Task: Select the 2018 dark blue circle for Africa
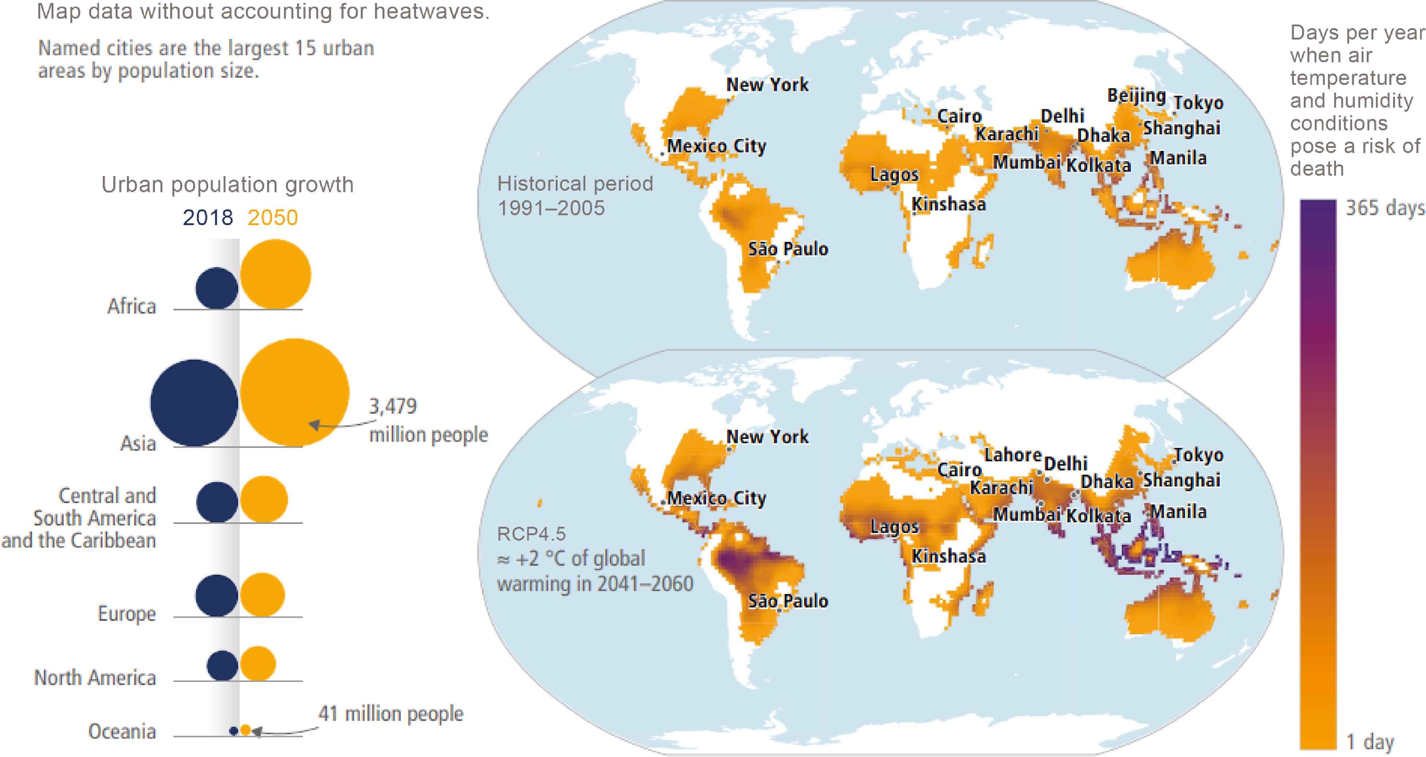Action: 217,288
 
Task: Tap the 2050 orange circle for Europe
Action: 262,595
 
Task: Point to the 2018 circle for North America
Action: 222,665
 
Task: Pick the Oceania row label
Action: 122,731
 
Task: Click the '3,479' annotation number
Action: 393,406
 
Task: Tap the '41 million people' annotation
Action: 390,714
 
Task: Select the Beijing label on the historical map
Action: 1136,96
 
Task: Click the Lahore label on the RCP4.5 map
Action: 1013,455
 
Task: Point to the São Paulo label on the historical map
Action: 788,249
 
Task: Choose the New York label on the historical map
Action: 767,85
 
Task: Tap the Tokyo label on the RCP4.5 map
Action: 1198,455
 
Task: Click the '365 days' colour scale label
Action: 1385,208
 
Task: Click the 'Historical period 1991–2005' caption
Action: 575,195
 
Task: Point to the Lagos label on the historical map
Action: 894,175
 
